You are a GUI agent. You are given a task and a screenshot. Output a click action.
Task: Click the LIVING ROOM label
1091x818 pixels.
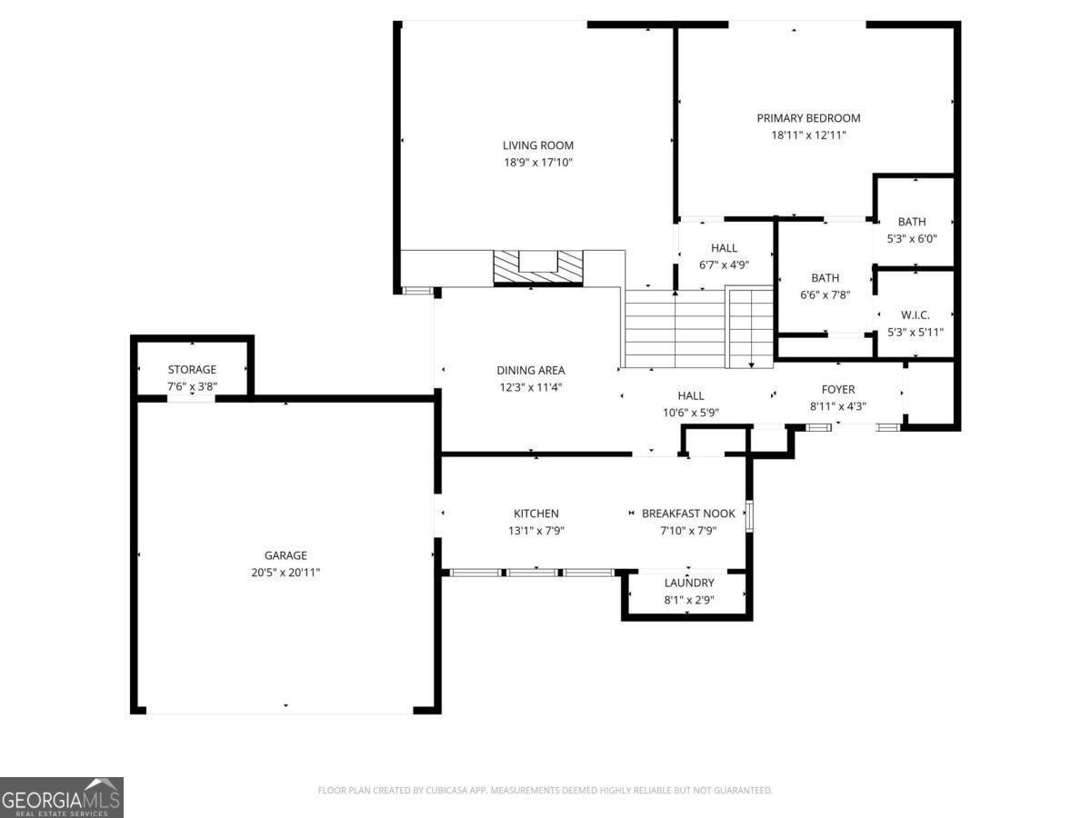tap(538, 145)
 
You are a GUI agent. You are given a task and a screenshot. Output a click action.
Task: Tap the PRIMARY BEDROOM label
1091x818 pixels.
tap(808, 118)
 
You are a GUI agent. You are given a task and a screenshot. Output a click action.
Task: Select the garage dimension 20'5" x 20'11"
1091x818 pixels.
tap(286, 573)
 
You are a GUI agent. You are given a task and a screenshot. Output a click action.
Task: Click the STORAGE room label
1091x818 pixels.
tap(192, 370)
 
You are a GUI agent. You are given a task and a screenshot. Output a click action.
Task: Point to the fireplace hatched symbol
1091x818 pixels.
tap(538, 267)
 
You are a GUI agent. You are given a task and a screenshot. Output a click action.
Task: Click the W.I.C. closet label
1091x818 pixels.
tap(915, 315)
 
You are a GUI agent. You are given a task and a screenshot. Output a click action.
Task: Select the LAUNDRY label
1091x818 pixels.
tap(688, 583)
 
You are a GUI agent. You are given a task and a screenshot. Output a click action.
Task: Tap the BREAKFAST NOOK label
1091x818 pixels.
tap(688, 514)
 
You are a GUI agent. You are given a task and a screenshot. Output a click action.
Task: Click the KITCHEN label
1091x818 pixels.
tap(536, 514)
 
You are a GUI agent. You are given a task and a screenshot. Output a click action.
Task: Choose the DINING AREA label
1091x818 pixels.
tap(531, 370)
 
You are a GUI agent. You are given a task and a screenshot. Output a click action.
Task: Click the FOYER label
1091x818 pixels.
tap(837, 389)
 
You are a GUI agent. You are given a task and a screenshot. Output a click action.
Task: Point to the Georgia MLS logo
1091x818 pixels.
tap(62, 797)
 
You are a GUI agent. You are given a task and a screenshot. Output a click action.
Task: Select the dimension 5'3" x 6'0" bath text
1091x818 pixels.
tap(911, 238)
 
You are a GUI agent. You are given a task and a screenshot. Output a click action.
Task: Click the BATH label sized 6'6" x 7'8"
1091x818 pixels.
tap(825, 278)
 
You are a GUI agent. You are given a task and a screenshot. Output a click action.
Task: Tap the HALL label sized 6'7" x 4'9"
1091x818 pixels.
tap(724, 248)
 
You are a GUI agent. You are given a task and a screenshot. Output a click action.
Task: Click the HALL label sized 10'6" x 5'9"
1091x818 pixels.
tap(691, 395)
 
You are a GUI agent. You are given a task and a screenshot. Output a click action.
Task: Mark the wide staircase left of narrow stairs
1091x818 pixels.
tap(674, 328)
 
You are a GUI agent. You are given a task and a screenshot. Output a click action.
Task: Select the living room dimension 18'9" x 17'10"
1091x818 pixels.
tap(538, 163)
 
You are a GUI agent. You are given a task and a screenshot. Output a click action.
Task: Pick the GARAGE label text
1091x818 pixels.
tap(286, 555)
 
